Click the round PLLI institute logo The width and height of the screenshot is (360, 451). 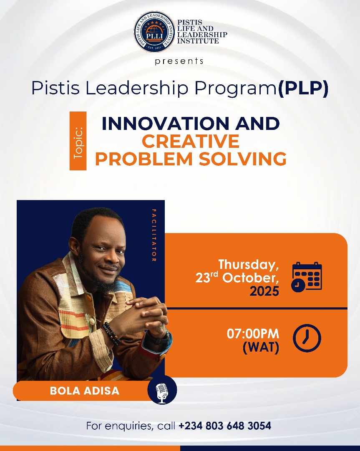click(x=154, y=31)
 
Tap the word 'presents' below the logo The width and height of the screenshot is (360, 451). click(x=179, y=61)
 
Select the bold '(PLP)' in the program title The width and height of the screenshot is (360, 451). click(x=303, y=89)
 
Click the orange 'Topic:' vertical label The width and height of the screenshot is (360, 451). click(x=78, y=141)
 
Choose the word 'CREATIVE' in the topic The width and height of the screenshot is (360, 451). click(x=191, y=141)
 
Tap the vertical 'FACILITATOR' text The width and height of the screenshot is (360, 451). click(x=154, y=235)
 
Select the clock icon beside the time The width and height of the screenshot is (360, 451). click(x=307, y=338)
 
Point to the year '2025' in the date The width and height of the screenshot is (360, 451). click(x=264, y=291)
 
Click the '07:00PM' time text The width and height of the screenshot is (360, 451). click(x=253, y=334)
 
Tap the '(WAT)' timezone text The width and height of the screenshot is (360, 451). click(x=261, y=347)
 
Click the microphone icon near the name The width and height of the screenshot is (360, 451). click(x=162, y=390)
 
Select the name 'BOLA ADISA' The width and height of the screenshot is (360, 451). click(x=84, y=390)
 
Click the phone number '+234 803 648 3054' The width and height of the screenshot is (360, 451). click(x=225, y=426)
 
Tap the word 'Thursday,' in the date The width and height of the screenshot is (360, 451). click(x=249, y=265)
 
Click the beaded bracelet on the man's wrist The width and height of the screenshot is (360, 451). click(x=111, y=333)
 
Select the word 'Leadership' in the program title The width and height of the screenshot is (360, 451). click(x=136, y=89)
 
